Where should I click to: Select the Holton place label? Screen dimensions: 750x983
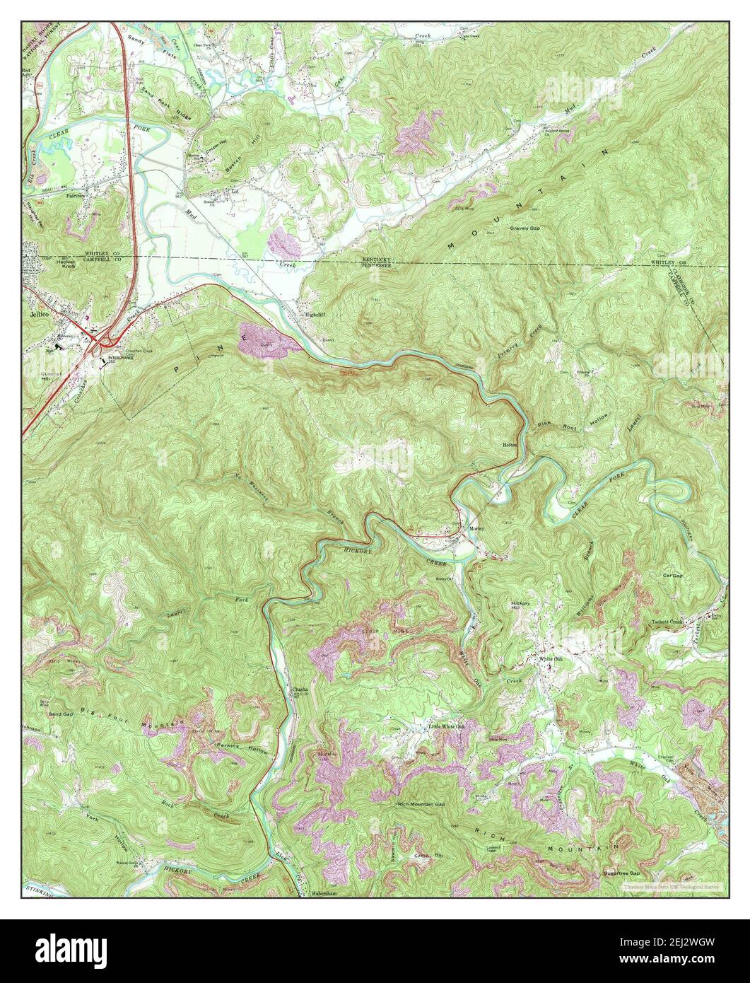click(510, 444)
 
